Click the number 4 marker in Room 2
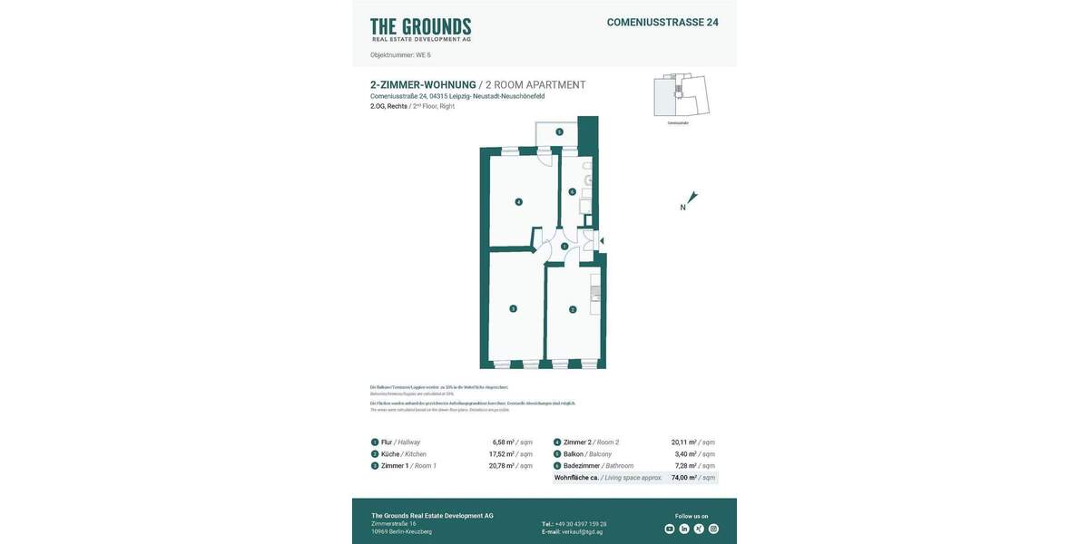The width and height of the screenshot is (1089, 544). click(x=518, y=201)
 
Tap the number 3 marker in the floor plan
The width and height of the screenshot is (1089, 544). click(x=513, y=309)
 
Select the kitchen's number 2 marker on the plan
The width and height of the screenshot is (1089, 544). click(x=573, y=310)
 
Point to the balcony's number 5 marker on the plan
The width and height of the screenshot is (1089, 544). click(x=559, y=132)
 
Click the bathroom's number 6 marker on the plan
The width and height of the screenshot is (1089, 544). click(x=572, y=191)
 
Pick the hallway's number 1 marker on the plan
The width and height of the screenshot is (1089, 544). click(x=564, y=247)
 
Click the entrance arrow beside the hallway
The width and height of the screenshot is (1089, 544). click(x=602, y=241)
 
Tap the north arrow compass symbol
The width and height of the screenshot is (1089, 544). click(x=692, y=198)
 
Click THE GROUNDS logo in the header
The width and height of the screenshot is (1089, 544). click(x=420, y=29)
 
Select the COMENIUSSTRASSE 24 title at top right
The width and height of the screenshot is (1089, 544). click(x=662, y=23)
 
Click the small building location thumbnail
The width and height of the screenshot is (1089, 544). click(x=681, y=95)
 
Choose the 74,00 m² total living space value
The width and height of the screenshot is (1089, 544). click(x=684, y=478)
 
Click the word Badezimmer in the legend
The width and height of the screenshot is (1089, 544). click(x=581, y=466)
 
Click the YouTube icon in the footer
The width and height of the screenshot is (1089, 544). click(x=670, y=529)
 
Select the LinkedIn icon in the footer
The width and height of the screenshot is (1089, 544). click(x=684, y=529)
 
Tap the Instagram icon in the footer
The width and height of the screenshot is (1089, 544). click(x=713, y=529)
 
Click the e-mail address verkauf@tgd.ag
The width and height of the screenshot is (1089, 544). click(x=582, y=532)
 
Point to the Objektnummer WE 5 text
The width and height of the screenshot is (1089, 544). click(x=400, y=55)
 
